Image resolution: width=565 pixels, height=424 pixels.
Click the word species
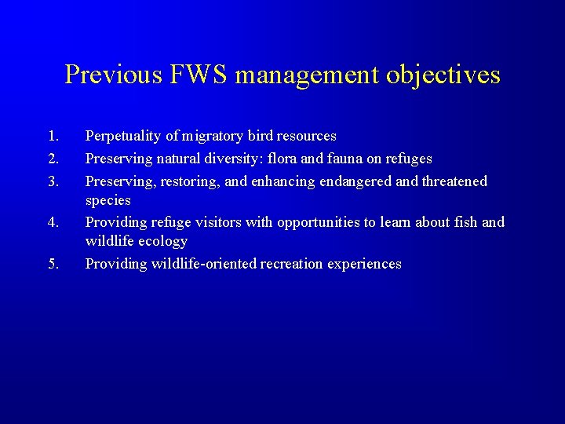pyautogui.click(x=108, y=201)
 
